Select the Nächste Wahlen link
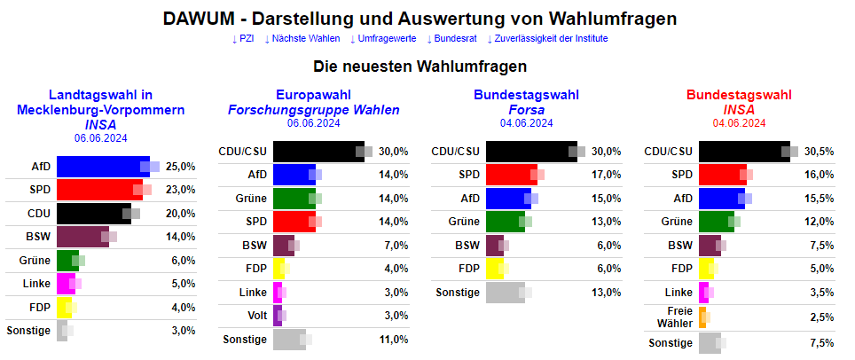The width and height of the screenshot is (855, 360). click(x=303, y=39)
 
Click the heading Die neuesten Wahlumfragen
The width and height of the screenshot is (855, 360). click(x=420, y=67)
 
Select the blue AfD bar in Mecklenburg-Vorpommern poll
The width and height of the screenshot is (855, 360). click(x=103, y=166)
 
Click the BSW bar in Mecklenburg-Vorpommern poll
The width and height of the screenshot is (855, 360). click(x=82, y=237)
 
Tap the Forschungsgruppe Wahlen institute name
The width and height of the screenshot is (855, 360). click(x=313, y=110)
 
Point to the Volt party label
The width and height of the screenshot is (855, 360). click(x=254, y=316)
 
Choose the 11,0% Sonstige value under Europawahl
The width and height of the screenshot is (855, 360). click(x=394, y=340)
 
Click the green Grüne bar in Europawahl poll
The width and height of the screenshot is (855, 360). click(x=294, y=199)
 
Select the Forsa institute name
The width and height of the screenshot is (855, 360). click(x=526, y=110)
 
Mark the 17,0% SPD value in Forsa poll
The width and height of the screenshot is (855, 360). click(x=607, y=175)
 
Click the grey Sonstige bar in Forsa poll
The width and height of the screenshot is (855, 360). click(x=506, y=293)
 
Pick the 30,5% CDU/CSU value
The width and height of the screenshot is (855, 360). click(x=819, y=152)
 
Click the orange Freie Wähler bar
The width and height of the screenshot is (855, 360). click(x=702, y=317)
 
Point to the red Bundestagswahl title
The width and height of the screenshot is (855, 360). click(x=739, y=95)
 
